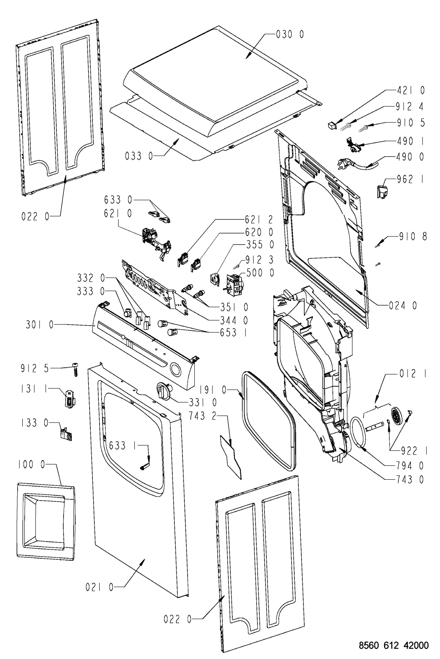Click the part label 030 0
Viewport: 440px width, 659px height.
pyautogui.click(x=290, y=35)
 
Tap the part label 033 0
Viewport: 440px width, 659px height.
pyautogui.click(x=139, y=156)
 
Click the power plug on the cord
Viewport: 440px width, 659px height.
pyautogui.click(x=343, y=162)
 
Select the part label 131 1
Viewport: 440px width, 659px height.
pyautogui.click(x=34, y=389)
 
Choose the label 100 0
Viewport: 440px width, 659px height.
pyautogui.click(x=32, y=465)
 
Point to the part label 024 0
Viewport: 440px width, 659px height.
pyautogui.click(x=403, y=306)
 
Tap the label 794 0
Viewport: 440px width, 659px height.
pyautogui.click(x=410, y=465)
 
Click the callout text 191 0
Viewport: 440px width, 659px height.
pyautogui.click(x=212, y=390)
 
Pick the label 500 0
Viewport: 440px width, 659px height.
pyautogui.click(x=260, y=273)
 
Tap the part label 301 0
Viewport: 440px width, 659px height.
pyautogui.click(x=40, y=325)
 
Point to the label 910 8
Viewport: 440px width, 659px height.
pyautogui.click(x=413, y=236)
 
